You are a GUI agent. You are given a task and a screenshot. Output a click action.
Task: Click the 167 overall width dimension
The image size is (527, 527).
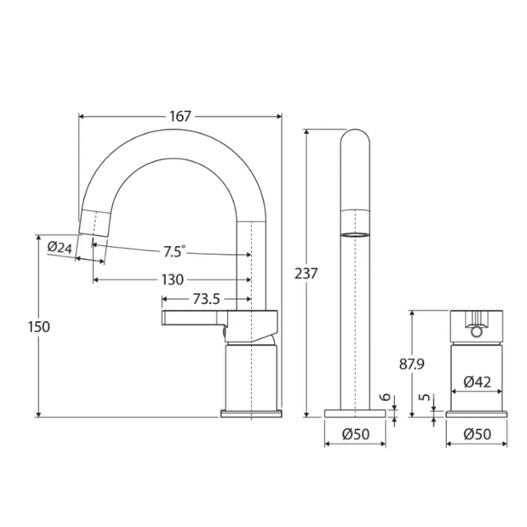(180, 116)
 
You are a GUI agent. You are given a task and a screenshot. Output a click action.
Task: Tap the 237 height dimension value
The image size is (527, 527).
(306, 274)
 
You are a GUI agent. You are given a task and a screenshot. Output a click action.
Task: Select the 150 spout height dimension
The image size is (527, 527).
(39, 327)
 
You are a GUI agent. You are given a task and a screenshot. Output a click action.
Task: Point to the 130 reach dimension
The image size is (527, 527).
(172, 279)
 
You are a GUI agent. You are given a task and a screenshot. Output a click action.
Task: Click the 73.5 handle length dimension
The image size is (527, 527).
(206, 299)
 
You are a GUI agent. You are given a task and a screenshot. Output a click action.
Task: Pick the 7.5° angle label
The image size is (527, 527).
(174, 252)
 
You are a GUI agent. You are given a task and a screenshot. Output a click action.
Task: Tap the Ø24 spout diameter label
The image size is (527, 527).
(60, 248)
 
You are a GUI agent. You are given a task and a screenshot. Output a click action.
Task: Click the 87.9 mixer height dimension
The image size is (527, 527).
(412, 364)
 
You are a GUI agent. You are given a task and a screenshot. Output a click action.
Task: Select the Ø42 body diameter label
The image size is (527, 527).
(477, 382)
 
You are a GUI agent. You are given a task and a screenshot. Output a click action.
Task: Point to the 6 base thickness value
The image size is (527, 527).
(386, 397)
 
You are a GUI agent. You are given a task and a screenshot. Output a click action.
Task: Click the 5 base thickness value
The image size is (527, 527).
(426, 397)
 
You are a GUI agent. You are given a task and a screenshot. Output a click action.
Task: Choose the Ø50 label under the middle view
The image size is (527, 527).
(355, 434)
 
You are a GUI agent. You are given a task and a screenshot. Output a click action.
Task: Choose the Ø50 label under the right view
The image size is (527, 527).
(477, 434)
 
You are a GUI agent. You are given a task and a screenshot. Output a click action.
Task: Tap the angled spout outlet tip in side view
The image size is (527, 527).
(94, 223)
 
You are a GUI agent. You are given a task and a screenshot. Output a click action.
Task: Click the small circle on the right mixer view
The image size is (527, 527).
(476, 332)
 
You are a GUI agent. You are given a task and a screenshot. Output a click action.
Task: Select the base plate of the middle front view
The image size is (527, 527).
(355, 413)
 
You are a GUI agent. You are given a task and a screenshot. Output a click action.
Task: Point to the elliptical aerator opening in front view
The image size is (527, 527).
(355, 234)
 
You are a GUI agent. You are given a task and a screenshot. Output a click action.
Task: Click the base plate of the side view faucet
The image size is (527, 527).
(251, 413)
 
